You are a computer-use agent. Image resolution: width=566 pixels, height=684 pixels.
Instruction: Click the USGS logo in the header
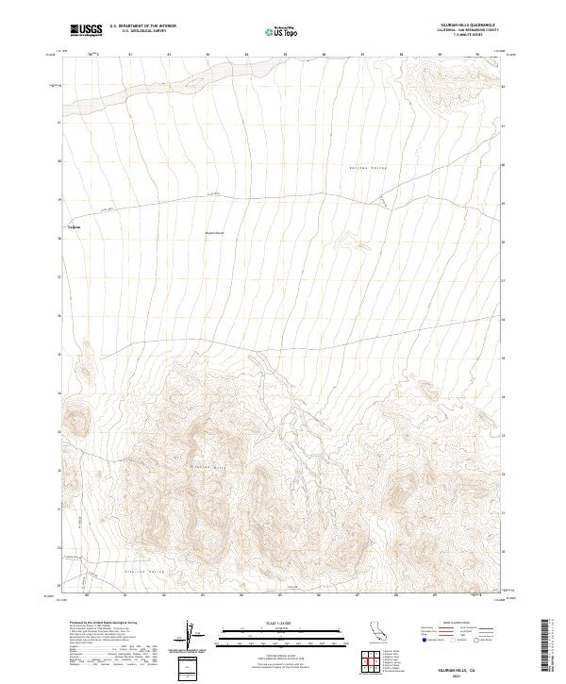point(87,31)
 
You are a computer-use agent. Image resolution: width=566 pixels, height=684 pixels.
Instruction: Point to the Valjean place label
point(74,226)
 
